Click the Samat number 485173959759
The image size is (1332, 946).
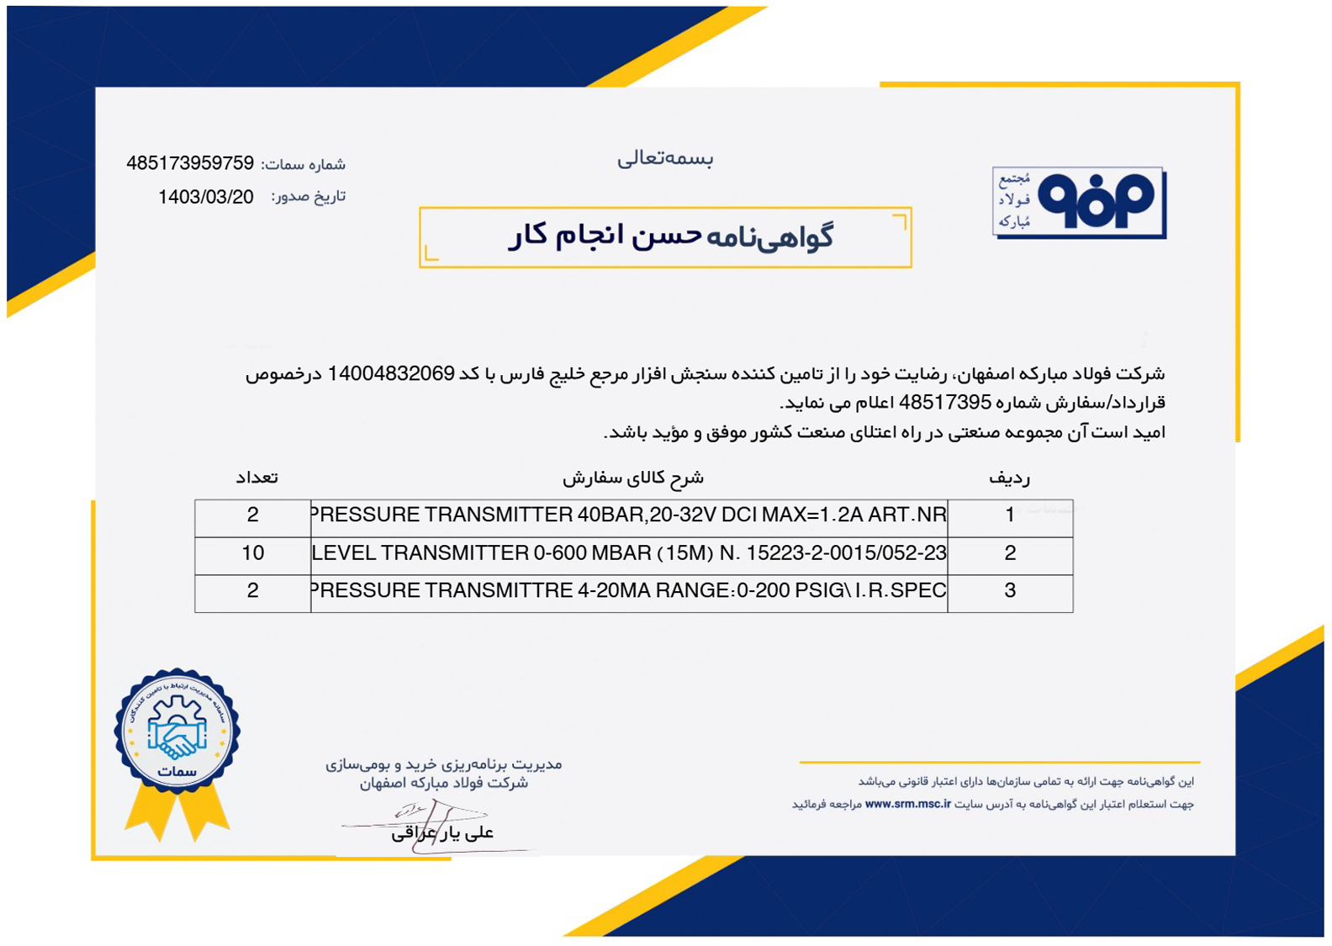click(x=190, y=163)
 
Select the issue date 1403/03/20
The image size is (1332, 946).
click(x=205, y=197)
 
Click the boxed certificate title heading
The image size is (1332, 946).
click(x=669, y=236)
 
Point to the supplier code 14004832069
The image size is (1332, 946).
click(x=391, y=373)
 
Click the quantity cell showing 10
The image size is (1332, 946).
click(x=252, y=553)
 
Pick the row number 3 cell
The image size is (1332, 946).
click(x=1010, y=591)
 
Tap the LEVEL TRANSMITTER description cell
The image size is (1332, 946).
click(x=628, y=553)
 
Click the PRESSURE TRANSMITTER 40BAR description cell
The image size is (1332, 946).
click(x=628, y=515)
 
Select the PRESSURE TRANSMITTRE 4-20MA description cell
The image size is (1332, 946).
click(x=628, y=591)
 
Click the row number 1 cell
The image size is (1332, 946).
click(x=1010, y=515)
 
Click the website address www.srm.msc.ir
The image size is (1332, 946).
click(x=907, y=804)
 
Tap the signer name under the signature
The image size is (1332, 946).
click(x=442, y=832)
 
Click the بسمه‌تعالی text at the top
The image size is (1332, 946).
click(x=664, y=158)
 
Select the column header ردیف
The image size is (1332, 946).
click(x=1009, y=478)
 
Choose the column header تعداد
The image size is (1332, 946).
click(x=256, y=478)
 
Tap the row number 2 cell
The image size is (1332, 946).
click(x=1010, y=553)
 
